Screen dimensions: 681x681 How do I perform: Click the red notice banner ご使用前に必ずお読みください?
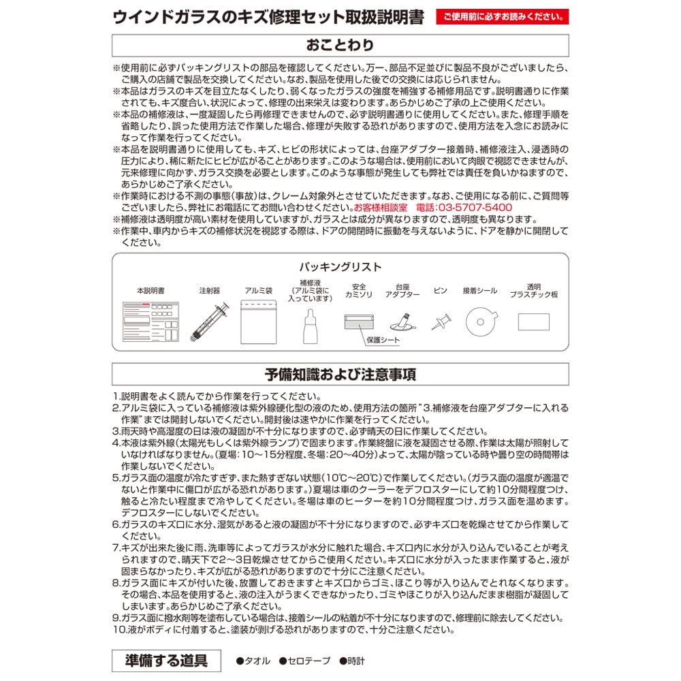click(503, 16)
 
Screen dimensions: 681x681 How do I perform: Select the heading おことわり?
click(340, 46)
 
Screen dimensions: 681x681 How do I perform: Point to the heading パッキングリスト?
click(340, 267)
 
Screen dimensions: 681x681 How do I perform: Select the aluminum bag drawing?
click(258, 322)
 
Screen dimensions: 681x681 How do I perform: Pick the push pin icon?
click(441, 321)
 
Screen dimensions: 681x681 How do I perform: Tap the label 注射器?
click(209, 291)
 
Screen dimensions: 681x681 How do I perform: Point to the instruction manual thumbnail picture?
click(151, 321)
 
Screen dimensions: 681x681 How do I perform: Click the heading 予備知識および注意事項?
click(340, 375)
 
